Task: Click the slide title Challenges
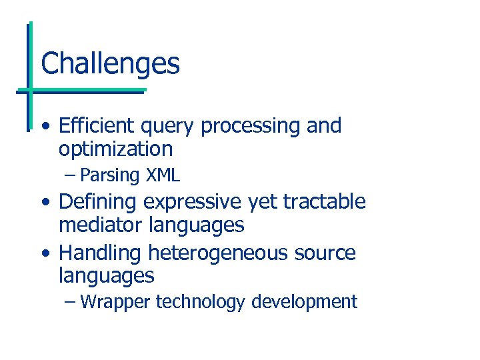[110, 64]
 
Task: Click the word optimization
[115, 149]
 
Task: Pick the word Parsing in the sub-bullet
[109, 175]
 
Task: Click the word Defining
[100, 202]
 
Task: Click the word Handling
[101, 254]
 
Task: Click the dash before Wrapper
[71, 302]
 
